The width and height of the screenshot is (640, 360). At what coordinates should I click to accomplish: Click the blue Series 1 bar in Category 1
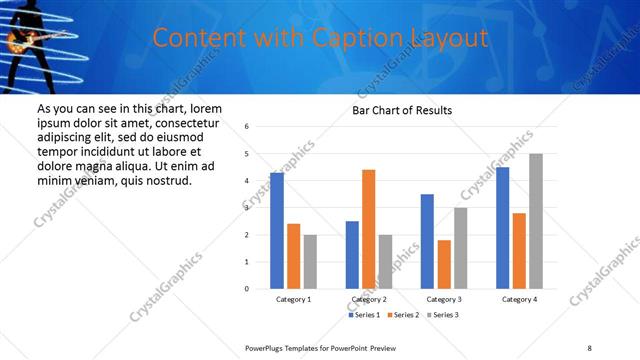(277, 231)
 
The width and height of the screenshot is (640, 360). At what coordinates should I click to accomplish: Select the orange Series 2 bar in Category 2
(369, 229)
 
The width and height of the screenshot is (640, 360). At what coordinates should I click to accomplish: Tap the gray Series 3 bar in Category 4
(536, 221)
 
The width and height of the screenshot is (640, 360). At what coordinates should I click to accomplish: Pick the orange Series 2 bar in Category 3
(444, 264)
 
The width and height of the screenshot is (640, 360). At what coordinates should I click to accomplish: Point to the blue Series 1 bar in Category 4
(503, 228)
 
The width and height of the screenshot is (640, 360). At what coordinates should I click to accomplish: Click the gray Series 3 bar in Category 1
(310, 262)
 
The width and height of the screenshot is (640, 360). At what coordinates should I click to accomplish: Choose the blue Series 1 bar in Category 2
(352, 255)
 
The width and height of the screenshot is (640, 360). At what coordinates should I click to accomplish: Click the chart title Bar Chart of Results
(402, 110)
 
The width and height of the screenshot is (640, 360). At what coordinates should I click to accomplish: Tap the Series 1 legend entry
(364, 315)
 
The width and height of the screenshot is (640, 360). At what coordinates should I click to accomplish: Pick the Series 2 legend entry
(402, 315)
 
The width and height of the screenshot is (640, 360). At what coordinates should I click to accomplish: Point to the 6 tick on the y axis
(247, 127)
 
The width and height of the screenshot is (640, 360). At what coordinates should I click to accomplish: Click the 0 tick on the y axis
(247, 289)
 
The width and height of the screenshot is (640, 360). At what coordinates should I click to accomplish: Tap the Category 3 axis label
(444, 299)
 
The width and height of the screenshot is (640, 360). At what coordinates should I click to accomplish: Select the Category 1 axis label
(294, 299)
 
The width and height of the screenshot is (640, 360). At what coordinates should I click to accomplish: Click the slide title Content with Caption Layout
(320, 39)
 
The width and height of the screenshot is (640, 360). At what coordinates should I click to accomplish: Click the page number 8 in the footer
(589, 346)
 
